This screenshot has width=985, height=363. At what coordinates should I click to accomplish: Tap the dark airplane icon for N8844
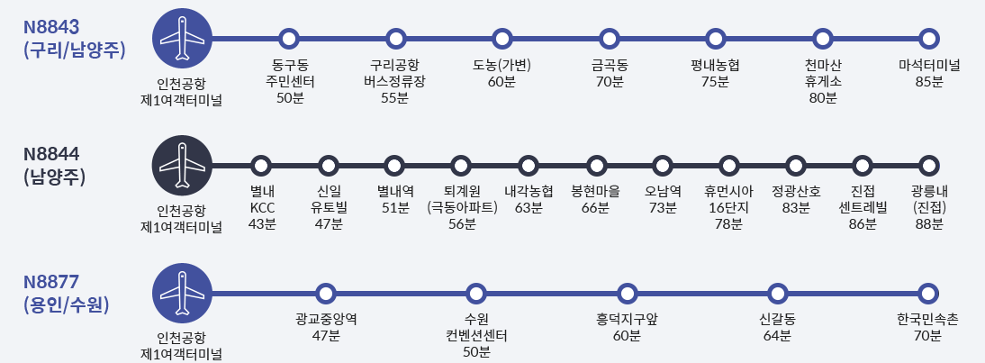[x=183, y=166]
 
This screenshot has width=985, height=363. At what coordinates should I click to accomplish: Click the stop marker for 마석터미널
[x=928, y=39]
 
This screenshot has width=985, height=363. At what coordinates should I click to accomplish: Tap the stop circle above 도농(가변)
[x=502, y=39]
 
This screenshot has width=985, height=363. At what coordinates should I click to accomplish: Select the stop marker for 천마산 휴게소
[x=822, y=39]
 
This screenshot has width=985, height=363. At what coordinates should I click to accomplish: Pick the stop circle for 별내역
[x=394, y=166]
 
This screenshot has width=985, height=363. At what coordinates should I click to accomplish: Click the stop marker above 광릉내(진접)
[x=928, y=166]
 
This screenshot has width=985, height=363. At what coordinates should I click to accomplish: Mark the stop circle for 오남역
[x=662, y=166]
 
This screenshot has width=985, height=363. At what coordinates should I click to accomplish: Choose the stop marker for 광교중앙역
[x=325, y=294]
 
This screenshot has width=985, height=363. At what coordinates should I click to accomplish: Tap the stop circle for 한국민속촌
[x=928, y=294]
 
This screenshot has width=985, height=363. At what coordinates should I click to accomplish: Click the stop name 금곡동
[x=609, y=66]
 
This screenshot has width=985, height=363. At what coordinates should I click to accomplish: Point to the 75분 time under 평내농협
[x=715, y=82]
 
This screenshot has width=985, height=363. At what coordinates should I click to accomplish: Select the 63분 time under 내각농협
[x=529, y=208]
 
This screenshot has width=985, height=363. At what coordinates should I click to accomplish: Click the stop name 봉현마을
[x=595, y=192]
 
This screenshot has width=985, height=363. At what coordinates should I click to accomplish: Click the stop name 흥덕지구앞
[x=627, y=320]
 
